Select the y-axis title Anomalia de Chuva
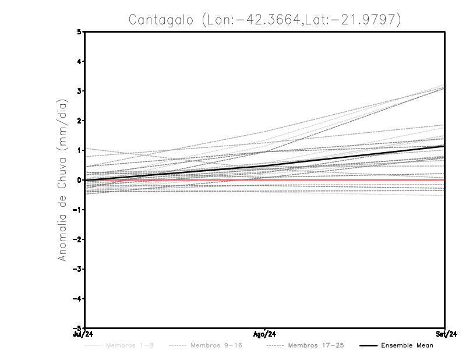62,181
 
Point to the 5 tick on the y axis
79,32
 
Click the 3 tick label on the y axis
79,91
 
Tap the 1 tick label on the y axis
79,150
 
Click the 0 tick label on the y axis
79,180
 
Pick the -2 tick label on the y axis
77,239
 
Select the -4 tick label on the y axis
77,298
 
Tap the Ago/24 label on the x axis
265,334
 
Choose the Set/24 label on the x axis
445,334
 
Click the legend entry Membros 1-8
125,345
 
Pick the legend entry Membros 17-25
316,345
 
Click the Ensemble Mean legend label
407,345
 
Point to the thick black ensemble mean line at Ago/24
265,166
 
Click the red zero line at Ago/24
265,180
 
